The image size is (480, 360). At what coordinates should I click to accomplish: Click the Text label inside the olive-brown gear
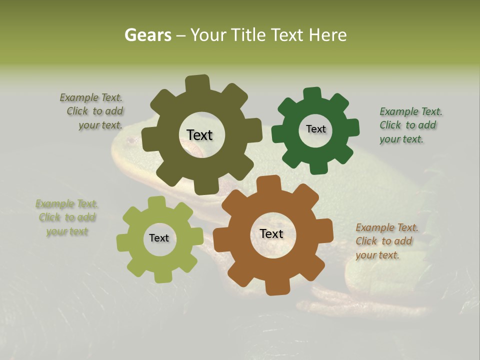coord(199,135)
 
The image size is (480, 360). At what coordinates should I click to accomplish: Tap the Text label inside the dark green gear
coord(315,129)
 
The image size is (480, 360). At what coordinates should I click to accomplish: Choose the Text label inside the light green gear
coord(159,238)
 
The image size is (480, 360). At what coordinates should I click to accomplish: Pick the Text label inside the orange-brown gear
coord(271,233)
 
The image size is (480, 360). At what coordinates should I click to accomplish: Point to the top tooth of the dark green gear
coord(312,94)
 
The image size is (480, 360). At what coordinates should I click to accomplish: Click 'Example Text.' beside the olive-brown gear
coord(91,97)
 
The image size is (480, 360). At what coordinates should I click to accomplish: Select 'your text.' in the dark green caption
coord(401,139)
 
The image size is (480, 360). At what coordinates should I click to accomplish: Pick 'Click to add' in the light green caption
coord(67,217)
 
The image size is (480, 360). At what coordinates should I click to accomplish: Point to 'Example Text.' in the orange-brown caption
coord(387,228)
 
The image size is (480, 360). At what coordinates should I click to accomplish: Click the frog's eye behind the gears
coord(131,141)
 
